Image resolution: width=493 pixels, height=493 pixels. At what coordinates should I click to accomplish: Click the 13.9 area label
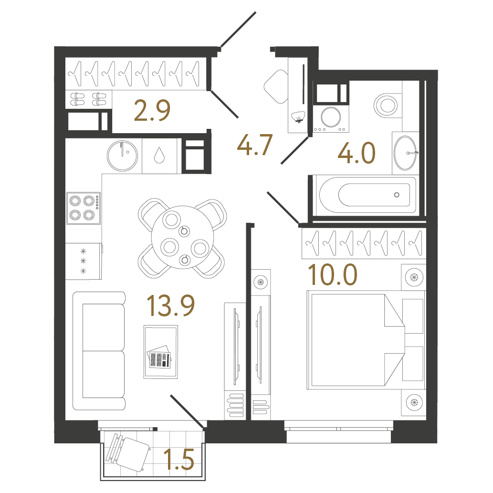click(x=171, y=305)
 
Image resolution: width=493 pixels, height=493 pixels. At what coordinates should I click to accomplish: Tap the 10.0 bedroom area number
click(x=333, y=274)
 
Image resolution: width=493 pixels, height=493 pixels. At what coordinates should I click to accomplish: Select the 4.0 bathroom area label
click(x=357, y=153)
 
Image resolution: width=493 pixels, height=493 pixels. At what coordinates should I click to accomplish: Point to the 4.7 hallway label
click(x=254, y=145)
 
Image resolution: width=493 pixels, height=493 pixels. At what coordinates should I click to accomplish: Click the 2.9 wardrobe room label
click(x=152, y=110)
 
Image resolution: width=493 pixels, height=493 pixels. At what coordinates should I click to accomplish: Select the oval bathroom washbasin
click(x=405, y=153)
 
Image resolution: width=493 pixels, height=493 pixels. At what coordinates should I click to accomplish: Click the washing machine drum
click(x=331, y=117)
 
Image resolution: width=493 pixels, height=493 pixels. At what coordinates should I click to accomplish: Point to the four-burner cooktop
click(x=84, y=208)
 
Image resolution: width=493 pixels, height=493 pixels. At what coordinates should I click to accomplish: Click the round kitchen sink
click(x=122, y=156)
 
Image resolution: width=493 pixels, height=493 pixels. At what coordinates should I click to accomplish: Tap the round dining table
click(x=182, y=237)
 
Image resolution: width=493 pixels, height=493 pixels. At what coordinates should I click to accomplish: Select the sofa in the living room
click(x=99, y=351)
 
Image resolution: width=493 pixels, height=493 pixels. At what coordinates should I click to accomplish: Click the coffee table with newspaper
click(x=161, y=352)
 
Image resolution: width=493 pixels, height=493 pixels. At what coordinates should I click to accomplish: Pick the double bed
click(x=356, y=340)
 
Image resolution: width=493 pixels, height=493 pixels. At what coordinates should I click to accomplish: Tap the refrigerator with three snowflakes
click(x=84, y=261)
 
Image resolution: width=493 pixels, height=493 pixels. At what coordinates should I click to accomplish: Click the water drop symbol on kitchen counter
click(x=159, y=155)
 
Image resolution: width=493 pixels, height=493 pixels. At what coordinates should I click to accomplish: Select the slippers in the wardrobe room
click(x=88, y=99)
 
